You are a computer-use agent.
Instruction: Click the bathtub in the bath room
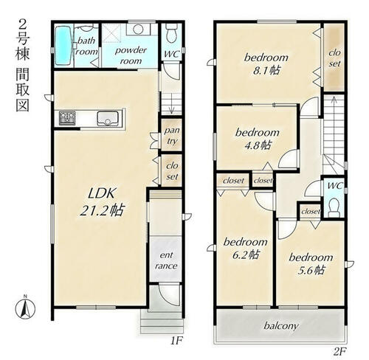(63, 46)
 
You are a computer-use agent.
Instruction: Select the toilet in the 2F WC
(334, 207)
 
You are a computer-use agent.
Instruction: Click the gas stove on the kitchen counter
(67, 118)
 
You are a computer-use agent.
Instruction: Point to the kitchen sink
(108, 119)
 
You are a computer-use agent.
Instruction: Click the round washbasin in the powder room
(138, 30)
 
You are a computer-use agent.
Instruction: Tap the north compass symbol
(25, 307)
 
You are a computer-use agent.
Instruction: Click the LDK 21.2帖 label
(102, 201)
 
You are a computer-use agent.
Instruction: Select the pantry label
(172, 136)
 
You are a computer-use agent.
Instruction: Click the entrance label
(166, 260)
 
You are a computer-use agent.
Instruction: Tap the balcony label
(281, 326)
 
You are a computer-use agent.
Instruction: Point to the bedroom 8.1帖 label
(266, 64)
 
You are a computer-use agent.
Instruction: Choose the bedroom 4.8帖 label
(258, 139)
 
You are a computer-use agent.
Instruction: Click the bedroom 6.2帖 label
(246, 249)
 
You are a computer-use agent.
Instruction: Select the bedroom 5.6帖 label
(311, 264)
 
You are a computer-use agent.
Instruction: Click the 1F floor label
(176, 341)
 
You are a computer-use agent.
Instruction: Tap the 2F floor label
(339, 352)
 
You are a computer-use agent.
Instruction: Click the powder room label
(131, 55)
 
